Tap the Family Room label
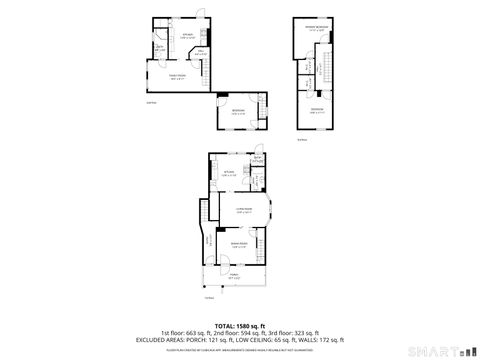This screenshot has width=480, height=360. pos(178,77)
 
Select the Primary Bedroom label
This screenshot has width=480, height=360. pos(319,29)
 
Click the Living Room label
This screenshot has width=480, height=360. pos(244,208)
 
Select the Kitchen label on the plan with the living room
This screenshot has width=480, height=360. pos(229,173)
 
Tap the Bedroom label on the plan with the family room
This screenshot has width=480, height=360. pos(236,110)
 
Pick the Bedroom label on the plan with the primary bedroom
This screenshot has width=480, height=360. pos(316,111)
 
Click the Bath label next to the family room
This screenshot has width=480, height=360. pos(160,47)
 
